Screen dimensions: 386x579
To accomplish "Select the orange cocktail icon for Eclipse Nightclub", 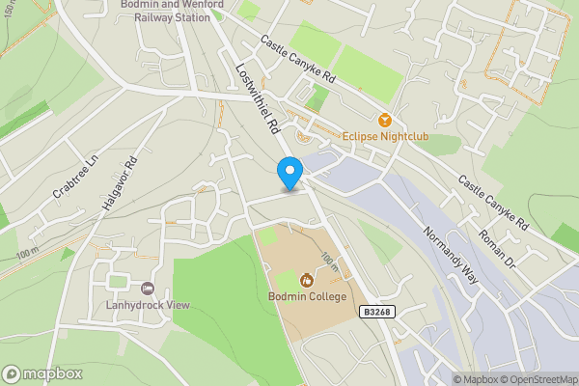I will click(384, 121).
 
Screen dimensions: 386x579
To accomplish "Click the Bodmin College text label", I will click(306, 296).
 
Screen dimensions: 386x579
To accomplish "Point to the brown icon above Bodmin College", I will click(306, 280).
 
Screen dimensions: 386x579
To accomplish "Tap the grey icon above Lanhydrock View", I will click(148, 289).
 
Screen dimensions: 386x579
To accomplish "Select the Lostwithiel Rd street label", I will click(258, 99).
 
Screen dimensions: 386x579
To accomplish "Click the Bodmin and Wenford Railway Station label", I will click(173, 10).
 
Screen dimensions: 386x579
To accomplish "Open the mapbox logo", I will click(42, 373).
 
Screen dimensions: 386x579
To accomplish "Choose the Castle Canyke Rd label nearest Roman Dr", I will click(493, 202).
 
